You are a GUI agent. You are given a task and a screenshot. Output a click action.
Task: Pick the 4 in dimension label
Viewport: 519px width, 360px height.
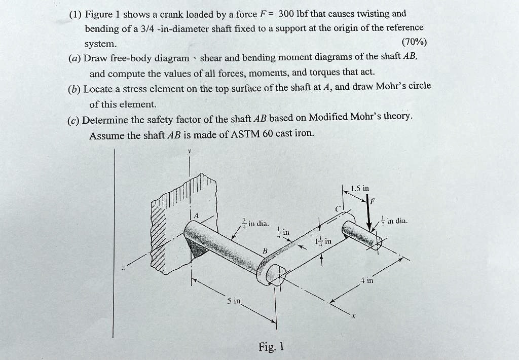(366, 279)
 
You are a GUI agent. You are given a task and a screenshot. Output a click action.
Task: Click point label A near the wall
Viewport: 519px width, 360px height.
(198, 214)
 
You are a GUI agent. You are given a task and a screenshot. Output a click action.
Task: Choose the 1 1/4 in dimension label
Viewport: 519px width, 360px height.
(323, 241)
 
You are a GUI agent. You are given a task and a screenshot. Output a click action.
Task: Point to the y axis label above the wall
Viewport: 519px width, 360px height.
(190, 151)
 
